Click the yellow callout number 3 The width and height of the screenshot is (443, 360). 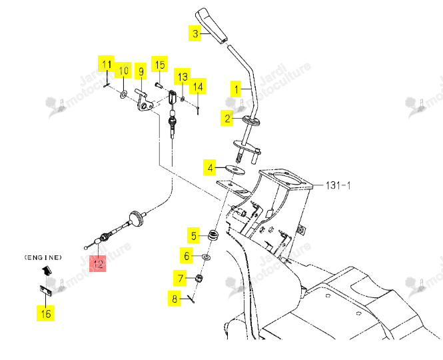click(195, 33)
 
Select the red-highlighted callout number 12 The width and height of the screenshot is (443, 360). click(97, 263)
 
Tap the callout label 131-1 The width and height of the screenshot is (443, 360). click(338, 185)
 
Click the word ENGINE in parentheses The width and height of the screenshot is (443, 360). click(43, 257)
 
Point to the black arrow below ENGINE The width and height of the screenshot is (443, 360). click(47, 271)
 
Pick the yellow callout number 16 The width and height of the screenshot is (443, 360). click(45, 313)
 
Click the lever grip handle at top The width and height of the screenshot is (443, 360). click(212, 26)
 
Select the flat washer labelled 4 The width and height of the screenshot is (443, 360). click(234, 169)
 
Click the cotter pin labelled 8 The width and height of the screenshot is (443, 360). click(191, 299)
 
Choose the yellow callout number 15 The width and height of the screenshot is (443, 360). click(160, 64)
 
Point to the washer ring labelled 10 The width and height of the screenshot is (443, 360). click(123, 94)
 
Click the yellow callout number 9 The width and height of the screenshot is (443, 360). click(141, 71)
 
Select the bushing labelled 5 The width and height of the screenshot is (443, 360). click(214, 235)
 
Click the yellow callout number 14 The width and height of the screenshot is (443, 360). click(198, 86)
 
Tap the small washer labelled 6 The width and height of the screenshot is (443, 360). click(207, 257)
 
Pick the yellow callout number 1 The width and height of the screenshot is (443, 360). click(236, 89)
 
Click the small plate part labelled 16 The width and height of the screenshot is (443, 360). click(46, 291)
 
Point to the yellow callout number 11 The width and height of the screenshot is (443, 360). click(106, 64)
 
